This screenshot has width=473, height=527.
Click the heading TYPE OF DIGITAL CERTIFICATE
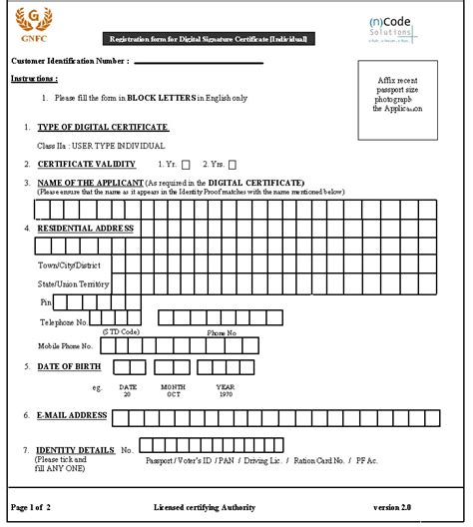103,128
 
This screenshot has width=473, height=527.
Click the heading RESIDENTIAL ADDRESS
86,228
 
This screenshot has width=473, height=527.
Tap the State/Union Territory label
73,283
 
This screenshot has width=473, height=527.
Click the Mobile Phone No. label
66,345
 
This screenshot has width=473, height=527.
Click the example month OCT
174,394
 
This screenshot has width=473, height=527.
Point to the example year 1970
227,394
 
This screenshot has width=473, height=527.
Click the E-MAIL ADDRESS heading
72,414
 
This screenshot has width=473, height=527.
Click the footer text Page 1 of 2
34,508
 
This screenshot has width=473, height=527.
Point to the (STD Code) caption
121,331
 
